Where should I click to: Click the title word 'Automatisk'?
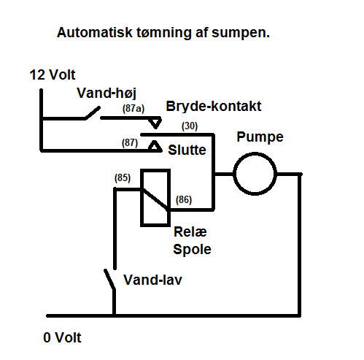[95, 32]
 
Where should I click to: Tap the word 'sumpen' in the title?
[240, 33]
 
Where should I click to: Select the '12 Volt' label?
[53, 74]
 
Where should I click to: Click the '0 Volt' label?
[62, 337]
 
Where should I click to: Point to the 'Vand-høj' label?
[107, 93]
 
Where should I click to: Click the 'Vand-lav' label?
[152, 280]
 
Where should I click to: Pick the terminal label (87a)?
[133, 109]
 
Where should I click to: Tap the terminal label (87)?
[130, 143]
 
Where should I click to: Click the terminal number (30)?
[190, 126]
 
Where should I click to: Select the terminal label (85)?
[123, 178]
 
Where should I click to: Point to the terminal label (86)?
[184, 200]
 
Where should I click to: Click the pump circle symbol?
[255, 153]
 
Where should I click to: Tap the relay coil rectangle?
[142, 198]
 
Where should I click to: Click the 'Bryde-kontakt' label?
[214, 107]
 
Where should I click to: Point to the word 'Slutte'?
[187, 150]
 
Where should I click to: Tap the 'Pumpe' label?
[260, 137]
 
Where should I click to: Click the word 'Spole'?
[192, 250]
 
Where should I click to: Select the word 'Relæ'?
[190, 231]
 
